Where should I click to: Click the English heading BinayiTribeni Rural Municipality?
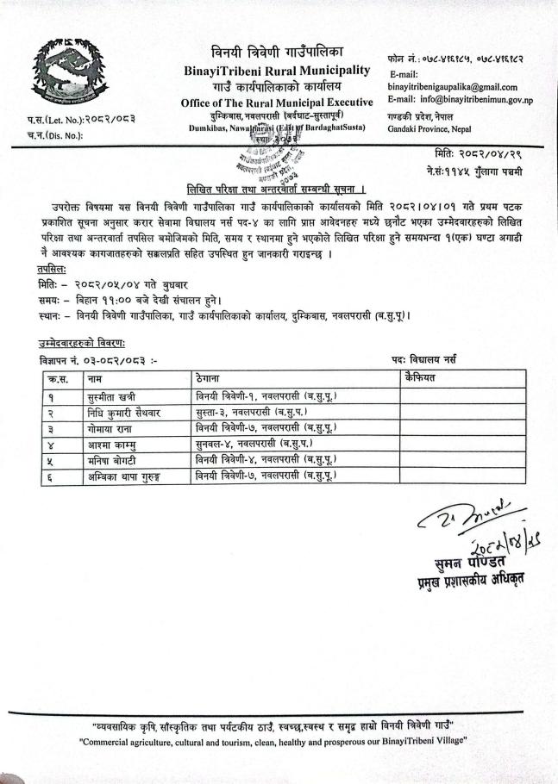point(277,70)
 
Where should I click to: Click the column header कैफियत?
point(420,379)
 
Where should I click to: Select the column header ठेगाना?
point(212,379)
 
